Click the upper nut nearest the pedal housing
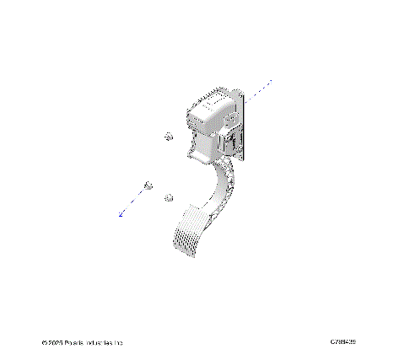[x=168, y=137]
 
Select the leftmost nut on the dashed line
[x=148, y=185]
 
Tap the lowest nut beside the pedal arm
[x=169, y=197]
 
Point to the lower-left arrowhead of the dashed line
[x=121, y=216]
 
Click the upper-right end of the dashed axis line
[x=271, y=81]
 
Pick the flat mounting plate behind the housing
[x=242, y=126]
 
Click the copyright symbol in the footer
[x=44, y=343]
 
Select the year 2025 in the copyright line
[x=56, y=343]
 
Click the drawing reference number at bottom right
[x=343, y=341]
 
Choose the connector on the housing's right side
[x=233, y=137]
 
